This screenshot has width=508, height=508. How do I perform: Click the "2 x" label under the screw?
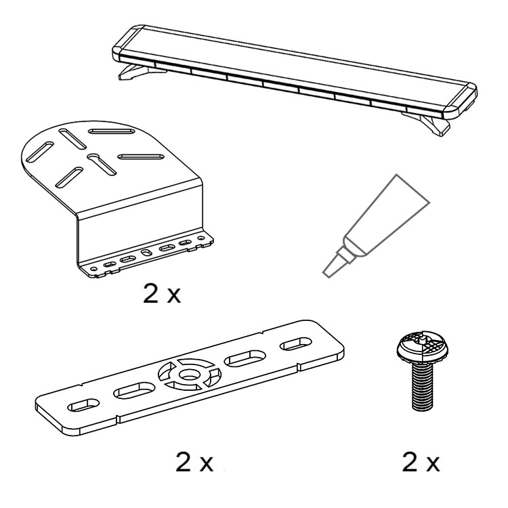pyautogui.click(x=421, y=463)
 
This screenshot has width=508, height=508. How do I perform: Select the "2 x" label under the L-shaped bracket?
pyautogui.click(x=162, y=294)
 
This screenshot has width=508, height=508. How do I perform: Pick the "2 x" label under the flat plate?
pyautogui.click(x=194, y=463)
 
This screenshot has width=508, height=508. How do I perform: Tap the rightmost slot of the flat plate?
pyautogui.click(x=296, y=343)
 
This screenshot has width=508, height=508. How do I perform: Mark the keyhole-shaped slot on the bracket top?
pyautogui.click(x=102, y=164)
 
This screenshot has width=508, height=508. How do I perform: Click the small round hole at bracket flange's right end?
pyautogui.click(x=201, y=238)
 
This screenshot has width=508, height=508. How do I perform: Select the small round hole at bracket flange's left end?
pyautogui.click(x=94, y=268)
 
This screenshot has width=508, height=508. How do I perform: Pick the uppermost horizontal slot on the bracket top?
pyautogui.click(x=112, y=131)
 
